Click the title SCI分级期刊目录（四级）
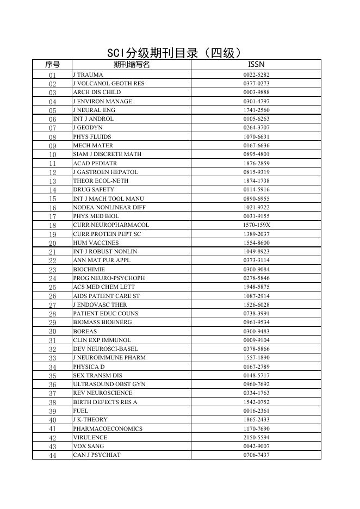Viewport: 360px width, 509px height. [174, 53]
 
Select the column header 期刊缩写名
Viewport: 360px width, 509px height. [131, 65]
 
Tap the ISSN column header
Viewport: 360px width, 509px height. [256, 65]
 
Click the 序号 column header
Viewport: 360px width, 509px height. [52, 65]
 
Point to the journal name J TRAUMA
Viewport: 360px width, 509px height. [88, 75]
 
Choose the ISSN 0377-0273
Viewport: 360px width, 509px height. [256, 84]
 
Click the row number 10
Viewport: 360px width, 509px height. [52, 154]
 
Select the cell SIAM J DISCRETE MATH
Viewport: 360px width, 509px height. [107, 154]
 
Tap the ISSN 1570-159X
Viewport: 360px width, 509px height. [256, 225]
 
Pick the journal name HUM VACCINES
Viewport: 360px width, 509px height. [96, 243]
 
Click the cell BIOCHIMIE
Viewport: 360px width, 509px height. [89, 269]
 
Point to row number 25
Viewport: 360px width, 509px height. [52, 287]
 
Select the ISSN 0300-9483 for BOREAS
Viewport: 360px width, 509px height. [256, 331]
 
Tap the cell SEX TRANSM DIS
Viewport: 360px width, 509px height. [97, 375]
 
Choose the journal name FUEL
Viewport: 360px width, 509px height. [80, 411]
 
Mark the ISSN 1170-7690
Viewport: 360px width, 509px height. [256, 429]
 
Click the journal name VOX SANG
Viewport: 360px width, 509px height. [88, 446]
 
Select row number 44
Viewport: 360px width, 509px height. [52, 455]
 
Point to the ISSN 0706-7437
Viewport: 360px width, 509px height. [256, 455]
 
